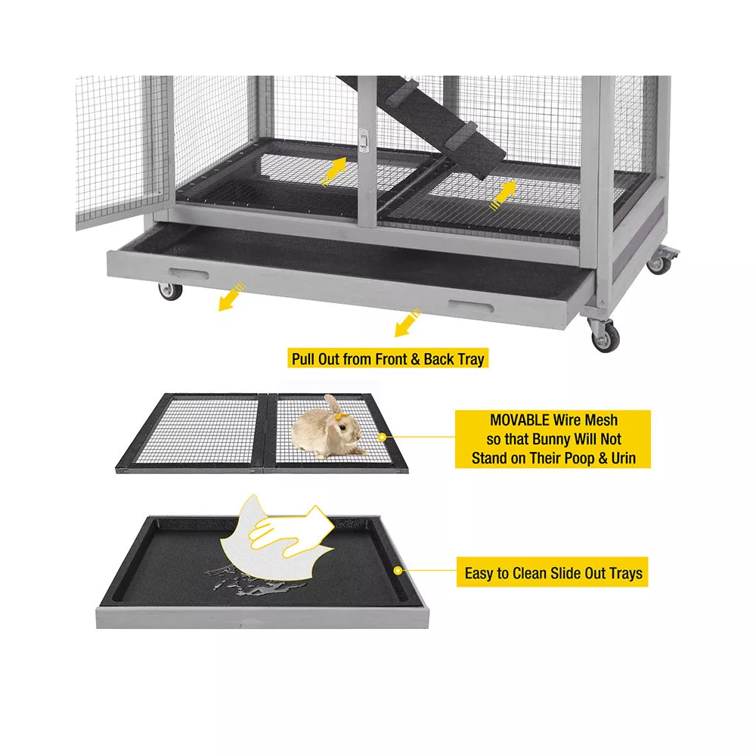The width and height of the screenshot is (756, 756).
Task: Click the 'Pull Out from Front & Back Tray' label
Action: click(388, 358)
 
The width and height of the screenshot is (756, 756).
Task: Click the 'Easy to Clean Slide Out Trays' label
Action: click(553, 573)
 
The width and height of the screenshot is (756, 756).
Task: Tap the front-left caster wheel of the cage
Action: click(171, 292)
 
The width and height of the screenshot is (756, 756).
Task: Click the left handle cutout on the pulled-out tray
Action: click(189, 274)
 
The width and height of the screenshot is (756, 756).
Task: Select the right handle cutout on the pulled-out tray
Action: click(470, 307)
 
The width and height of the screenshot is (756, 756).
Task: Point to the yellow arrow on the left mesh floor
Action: click(333, 172)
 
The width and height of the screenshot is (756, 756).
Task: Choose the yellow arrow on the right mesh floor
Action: click(503, 195)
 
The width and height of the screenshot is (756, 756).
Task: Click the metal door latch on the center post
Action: click(364, 141)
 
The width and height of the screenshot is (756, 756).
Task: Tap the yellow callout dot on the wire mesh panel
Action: click(382, 437)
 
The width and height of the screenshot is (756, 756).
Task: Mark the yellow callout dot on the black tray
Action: click(398, 570)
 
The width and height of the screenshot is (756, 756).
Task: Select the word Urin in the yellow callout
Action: click(624, 458)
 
